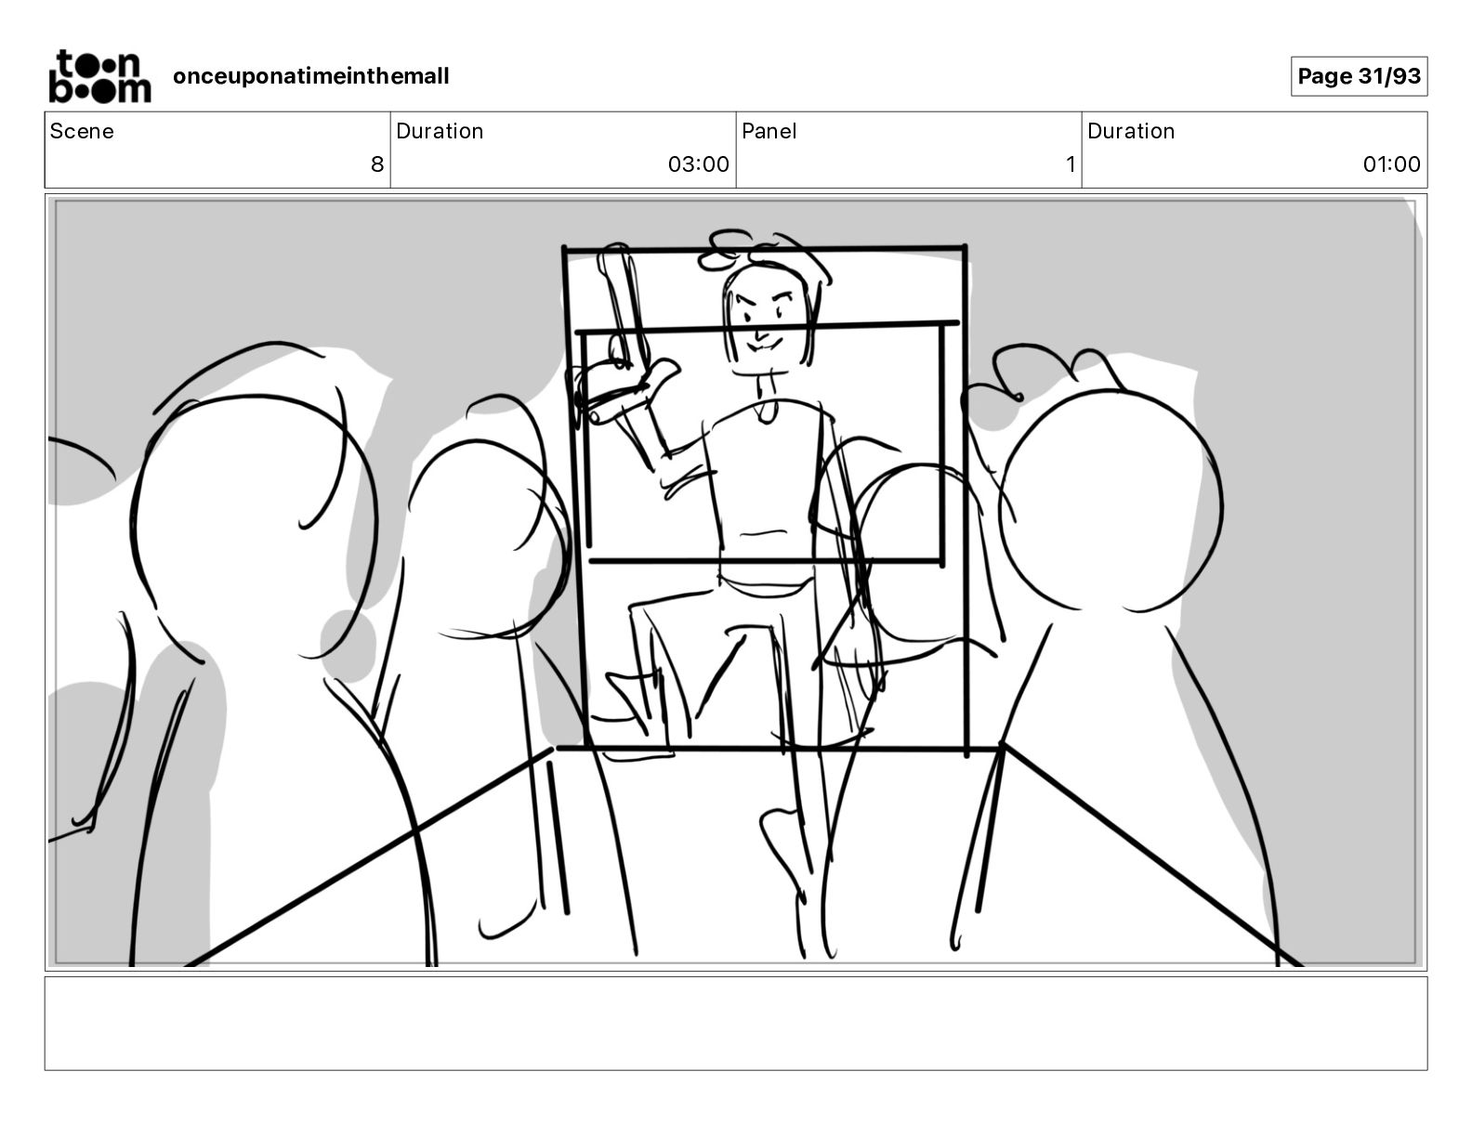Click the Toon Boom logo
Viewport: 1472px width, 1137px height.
[99, 76]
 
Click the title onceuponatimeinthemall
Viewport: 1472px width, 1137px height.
[311, 76]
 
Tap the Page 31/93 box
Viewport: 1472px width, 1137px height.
[1359, 76]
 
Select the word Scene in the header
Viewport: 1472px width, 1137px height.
[82, 131]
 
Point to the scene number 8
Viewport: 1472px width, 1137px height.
[377, 163]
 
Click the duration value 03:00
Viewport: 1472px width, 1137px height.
[699, 163]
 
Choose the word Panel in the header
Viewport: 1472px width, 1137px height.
[769, 131]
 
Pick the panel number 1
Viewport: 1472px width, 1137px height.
[1071, 163]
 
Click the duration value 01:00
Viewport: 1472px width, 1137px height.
[1391, 163]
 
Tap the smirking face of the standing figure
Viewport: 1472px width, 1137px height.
[766, 319]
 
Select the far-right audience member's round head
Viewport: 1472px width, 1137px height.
[1111, 501]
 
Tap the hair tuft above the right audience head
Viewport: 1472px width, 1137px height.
[1044, 369]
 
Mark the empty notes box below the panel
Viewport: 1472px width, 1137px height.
[736, 1024]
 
